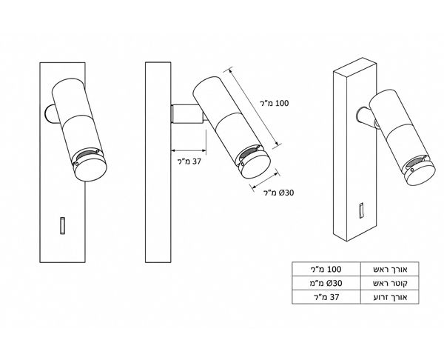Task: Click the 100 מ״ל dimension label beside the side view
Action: click(x=275, y=103)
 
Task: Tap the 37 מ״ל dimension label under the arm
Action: click(x=189, y=161)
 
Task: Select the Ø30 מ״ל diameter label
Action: click(x=279, y=193)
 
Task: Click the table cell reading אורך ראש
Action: click(x=390, y=269)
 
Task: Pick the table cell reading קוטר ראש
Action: click(x=390, y=283)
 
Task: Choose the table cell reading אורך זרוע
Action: click(x=390, y=297)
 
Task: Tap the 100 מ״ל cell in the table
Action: click(x=327, y=269)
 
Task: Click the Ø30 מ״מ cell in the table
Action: click(x=327, y=283)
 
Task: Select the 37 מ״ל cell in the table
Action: click(x=327, y=297)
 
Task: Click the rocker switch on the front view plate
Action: click(x=62, y=226)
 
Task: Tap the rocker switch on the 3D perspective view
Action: click(x=362, y=210)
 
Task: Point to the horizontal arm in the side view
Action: click(x=188, y=113)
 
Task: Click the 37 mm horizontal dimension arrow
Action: click(x=188, y=150)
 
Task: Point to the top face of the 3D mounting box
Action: click(x=354, y=65)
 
